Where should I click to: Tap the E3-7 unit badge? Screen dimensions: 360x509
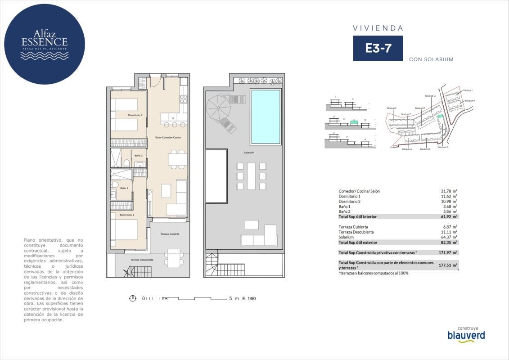(x=378, y=49)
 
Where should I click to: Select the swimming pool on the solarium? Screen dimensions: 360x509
(x=265, y=116)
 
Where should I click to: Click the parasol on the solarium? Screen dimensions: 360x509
(x=218, y=108)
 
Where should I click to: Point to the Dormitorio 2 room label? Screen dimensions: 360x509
(x=135, y=115)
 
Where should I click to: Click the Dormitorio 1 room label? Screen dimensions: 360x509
(x=127, y=215)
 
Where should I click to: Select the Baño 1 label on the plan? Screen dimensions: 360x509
(x=124, y=188)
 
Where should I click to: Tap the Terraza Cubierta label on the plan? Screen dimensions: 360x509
(x=170, y=234)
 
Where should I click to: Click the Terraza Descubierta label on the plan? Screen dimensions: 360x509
(x=142, y=260)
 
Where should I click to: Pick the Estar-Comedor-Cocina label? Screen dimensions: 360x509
(x=168, y=137)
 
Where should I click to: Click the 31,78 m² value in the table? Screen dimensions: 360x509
(x=449, y=191)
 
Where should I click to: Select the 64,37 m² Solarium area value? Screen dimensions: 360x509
(x=449, y=237)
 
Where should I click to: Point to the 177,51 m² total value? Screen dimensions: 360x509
(x=448, y=265)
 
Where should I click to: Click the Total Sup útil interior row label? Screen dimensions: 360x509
(x=357, y=217)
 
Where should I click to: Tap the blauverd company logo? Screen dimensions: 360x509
(x=466, y=335)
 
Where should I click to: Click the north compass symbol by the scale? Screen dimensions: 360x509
(x=133, y=298)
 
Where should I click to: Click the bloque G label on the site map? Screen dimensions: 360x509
(x=430, y=96)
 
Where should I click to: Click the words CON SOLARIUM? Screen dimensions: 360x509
(x=431, y=59)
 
